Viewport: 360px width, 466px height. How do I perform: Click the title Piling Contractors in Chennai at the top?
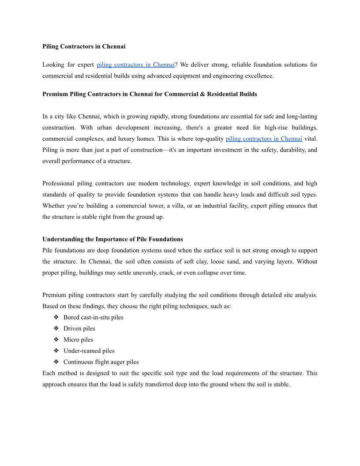point(84,46)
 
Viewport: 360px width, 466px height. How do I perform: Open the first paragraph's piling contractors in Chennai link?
point(135,65)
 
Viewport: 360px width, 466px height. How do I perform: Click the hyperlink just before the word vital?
point(263,139)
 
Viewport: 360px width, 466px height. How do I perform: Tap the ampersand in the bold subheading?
point(202,94)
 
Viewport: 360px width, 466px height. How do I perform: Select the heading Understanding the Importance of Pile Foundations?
point(112,239)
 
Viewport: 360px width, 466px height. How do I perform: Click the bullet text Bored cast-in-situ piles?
point(93,317)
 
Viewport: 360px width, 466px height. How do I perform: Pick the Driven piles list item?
point(79,328)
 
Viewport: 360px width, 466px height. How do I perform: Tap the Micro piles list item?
point(78,340)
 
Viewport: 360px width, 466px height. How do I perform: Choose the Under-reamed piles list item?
point(89,351)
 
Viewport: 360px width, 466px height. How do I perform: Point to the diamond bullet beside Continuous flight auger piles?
point(56,362)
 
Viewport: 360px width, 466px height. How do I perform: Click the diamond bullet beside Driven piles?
point(56,328)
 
